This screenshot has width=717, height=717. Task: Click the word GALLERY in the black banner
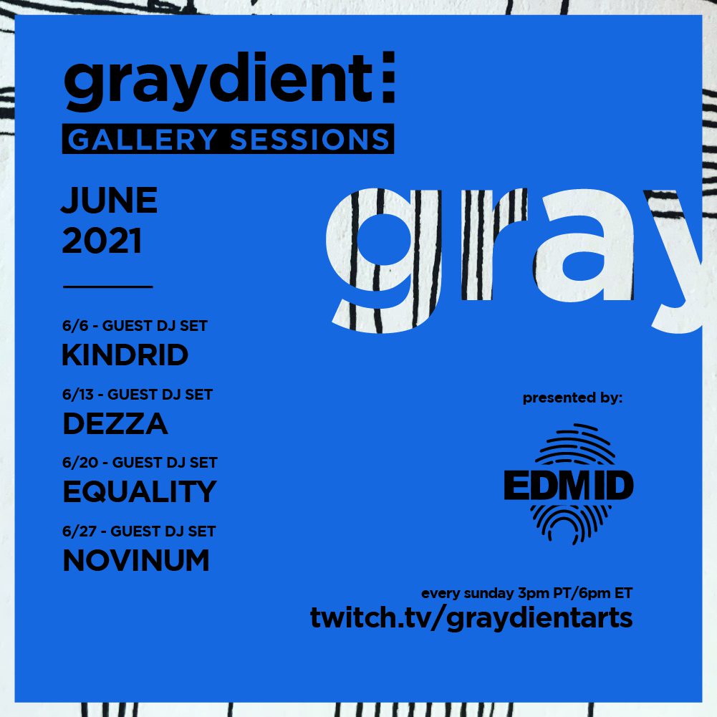tap(143, 140)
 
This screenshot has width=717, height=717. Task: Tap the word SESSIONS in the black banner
tap(309, 140)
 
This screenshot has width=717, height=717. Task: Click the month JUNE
tap(110, 200)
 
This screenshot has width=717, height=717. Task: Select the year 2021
tap(102, 241)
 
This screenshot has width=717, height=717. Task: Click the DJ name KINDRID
tap(125, 355)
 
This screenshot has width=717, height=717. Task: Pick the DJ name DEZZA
tap(115, 423)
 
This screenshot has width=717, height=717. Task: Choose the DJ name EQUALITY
tap(140, 491)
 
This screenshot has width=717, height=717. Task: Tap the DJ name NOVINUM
tap(136, 560)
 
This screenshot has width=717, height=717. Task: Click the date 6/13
tap(78, 394)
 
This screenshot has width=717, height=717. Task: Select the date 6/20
tap(80, 462)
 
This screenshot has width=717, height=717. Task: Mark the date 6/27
tap(80, 531)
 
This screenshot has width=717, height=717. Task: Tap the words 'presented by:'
tap(572, 398)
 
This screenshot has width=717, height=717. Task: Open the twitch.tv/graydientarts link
tap(471, 618)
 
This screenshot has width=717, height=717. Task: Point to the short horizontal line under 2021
tap(108, 287)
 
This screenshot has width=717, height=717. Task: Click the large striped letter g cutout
tap(384, 260)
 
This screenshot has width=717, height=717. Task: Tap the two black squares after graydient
tap(389, 77)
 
